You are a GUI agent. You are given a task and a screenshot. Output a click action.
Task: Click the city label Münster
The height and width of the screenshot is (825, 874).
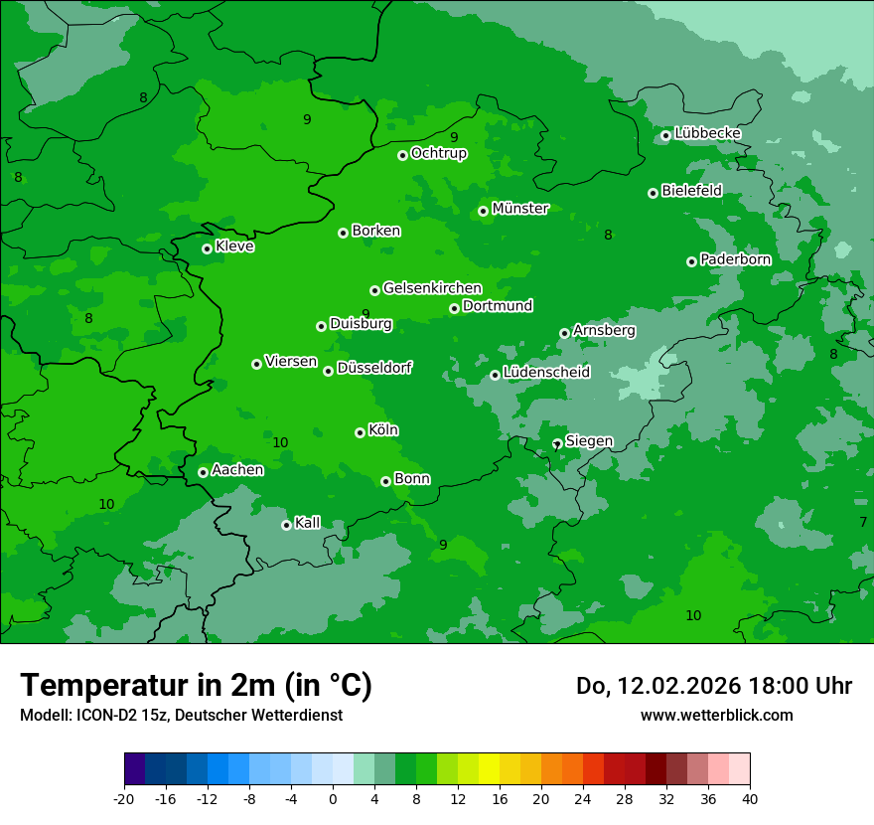pos(520,209)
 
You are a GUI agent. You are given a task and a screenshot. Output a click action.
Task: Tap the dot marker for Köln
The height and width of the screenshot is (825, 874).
pos(360,432)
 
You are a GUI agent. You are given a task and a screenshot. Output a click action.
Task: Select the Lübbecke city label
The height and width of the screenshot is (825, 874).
pos(707,133)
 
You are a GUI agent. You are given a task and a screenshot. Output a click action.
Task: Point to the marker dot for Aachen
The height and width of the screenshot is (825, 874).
pos(203,472)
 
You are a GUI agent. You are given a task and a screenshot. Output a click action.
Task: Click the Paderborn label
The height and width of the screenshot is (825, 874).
pos(735,259)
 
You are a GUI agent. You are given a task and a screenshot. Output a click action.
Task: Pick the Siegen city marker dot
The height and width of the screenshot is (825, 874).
pos(557,443)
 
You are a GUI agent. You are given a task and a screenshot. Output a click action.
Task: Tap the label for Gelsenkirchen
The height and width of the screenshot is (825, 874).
pos(432,288)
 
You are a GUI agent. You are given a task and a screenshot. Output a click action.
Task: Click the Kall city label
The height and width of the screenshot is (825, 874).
pos(308,523)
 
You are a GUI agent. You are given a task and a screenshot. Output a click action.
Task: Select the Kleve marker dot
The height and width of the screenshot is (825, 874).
pos(207,248)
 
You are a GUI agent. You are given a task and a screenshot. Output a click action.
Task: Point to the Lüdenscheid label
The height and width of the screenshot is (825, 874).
pos(546,373)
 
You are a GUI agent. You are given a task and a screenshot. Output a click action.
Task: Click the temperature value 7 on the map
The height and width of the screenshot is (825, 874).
pos(863,522)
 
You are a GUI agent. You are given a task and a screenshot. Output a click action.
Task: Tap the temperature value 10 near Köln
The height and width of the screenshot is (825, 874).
pos(280,442)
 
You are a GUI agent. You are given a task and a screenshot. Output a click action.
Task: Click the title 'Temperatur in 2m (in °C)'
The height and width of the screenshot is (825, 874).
pos(196,686)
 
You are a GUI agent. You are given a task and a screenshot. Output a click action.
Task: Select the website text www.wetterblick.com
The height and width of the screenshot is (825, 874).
pos(716,715)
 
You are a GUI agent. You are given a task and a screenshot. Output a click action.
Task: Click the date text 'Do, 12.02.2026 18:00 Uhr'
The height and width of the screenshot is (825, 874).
pos(713,686)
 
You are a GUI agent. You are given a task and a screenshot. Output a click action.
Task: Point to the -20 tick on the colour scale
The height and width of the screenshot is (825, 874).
pos(124,798)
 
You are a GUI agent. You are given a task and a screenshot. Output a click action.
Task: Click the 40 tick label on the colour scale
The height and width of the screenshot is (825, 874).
pos(750,798)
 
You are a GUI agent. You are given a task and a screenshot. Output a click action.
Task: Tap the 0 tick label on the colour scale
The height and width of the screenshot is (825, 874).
pos(333,798)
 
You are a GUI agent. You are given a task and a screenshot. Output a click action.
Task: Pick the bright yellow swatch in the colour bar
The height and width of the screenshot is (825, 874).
pos(489,769)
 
